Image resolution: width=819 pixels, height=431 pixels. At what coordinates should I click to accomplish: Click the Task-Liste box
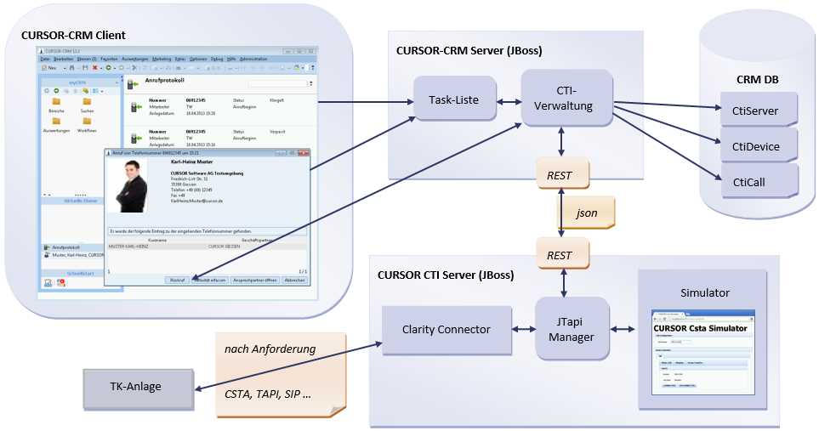coord(454,100)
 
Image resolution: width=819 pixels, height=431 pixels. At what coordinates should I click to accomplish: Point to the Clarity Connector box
coord(446,330)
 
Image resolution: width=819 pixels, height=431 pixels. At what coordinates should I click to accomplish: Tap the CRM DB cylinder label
coord(758,79)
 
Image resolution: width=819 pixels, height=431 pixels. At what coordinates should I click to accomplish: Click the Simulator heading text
coord(705,292)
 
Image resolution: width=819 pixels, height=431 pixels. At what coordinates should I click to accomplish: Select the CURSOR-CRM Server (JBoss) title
coord(469,50)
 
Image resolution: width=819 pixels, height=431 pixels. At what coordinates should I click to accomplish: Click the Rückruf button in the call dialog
coord(177,280)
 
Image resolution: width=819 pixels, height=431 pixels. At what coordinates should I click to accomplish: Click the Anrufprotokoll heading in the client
coord(167,81)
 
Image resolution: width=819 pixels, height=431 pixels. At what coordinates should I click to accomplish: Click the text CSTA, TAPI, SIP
coord(268,394)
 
